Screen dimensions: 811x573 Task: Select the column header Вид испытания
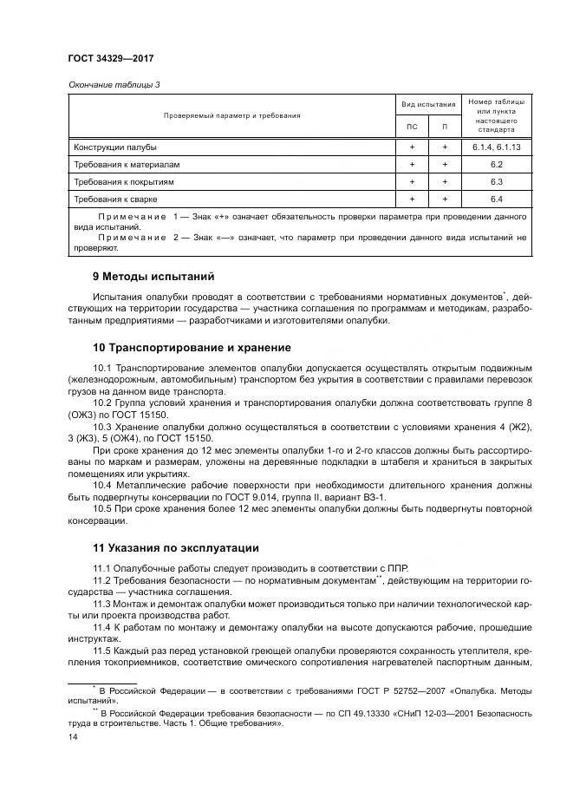coord(427,104)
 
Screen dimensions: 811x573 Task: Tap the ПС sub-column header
coord(412,127)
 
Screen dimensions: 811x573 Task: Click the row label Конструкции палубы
coord(115,147)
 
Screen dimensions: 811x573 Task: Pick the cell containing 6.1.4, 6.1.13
coord(497,147)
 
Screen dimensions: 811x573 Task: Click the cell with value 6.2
coord(497,165)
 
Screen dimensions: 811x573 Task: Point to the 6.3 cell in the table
coord(497,182)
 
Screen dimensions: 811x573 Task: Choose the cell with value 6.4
coord(497,200)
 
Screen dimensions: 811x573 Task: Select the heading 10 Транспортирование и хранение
coord(192,348)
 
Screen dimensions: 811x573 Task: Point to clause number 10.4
coord(104,487)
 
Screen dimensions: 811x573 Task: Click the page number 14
coord(73,736)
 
